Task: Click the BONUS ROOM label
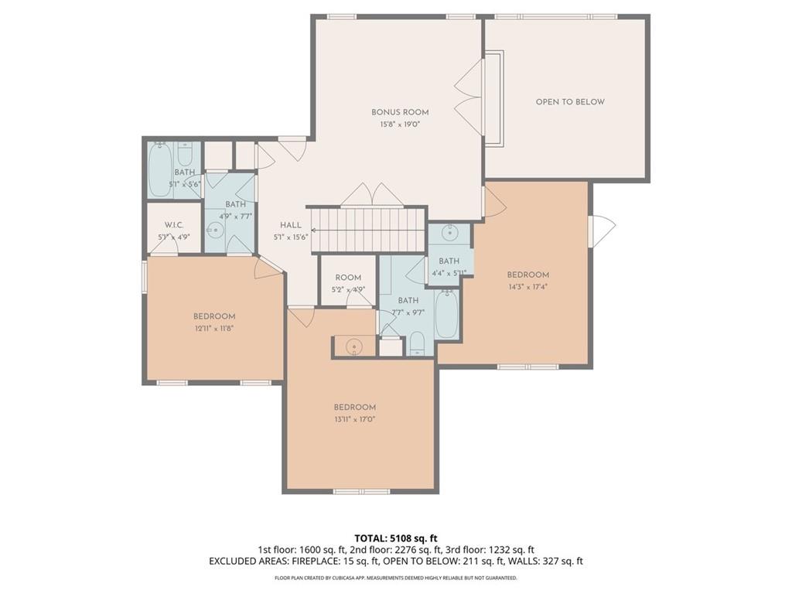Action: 400,113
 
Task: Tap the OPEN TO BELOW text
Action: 570,102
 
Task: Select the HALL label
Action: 291,225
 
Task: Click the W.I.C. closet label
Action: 174,225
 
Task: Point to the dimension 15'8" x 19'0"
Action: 400,125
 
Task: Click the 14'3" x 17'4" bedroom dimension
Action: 527,287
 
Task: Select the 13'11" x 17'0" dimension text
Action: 354,419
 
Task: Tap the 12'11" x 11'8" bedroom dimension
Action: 214,328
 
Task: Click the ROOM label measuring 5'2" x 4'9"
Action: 348,278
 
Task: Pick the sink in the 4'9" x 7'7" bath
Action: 215,230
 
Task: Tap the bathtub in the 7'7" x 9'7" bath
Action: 446,314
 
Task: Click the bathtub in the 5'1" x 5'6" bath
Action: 160,170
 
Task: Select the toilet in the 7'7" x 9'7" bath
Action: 417,343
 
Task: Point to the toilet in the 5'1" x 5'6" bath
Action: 186,155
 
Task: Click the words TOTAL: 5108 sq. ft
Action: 395,538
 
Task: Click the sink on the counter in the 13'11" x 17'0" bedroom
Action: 354,346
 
